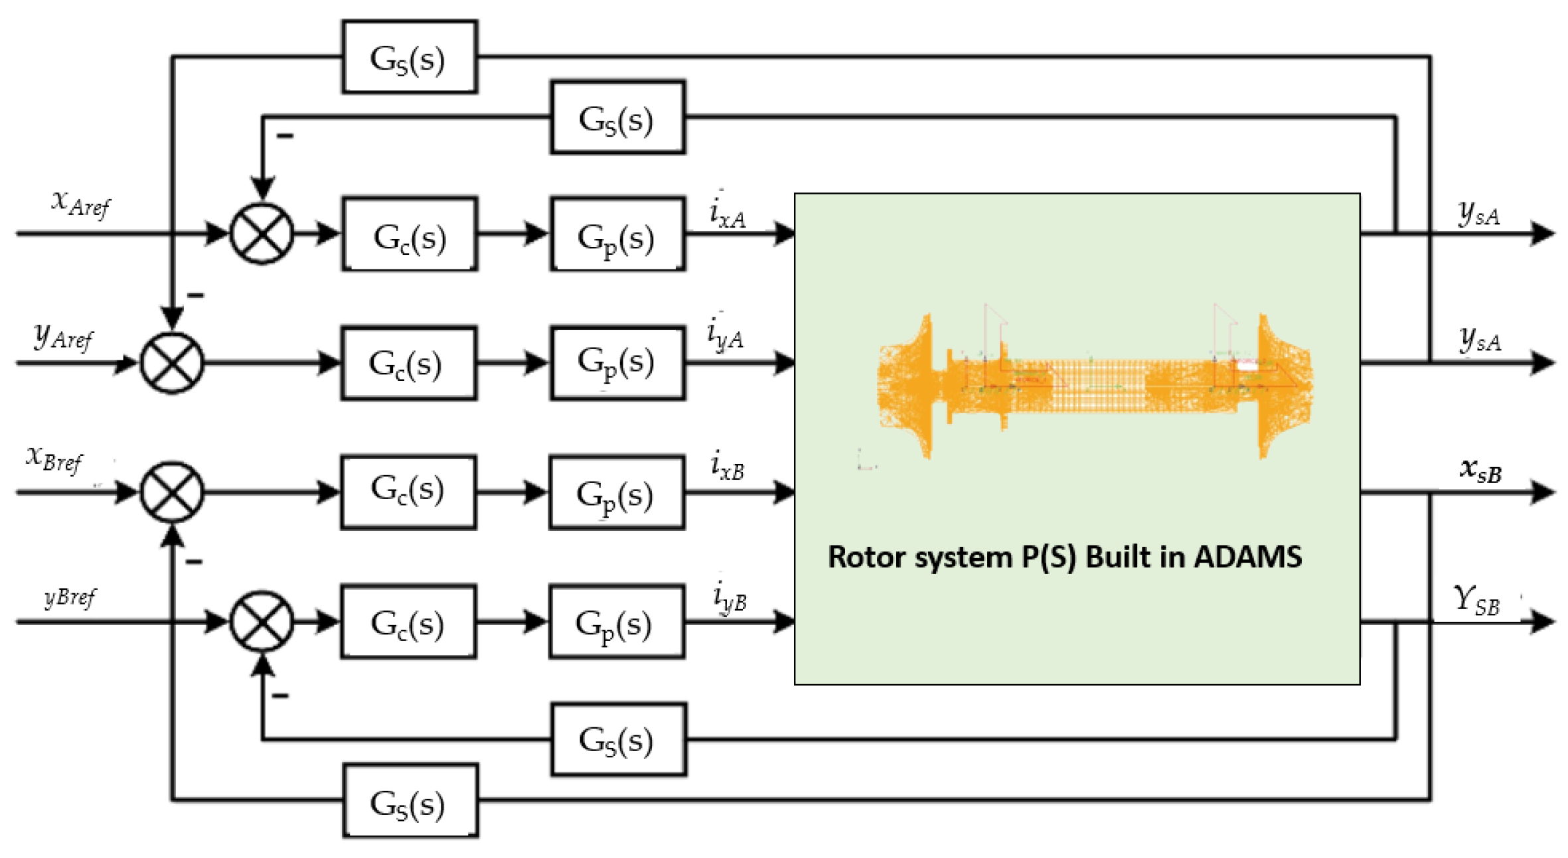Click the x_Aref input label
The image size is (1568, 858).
coord(81,204)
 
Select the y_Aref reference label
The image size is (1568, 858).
coord(64,336)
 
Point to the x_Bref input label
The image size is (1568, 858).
coord(54,460)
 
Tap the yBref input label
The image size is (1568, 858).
coord(70,597)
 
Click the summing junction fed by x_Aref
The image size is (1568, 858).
coord(262,234)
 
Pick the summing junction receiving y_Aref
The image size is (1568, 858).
coord(172,363)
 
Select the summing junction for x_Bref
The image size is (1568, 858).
coord(172,492)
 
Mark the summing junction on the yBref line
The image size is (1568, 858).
coord(262,622)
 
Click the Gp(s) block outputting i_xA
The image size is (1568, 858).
coord(617,234)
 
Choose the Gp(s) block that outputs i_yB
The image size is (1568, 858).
coord(617,622)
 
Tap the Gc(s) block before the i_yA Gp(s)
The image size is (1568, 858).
coord(409,363)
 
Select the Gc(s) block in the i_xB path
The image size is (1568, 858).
coord(408,492)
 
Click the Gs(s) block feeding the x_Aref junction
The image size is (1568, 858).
coord(618,117)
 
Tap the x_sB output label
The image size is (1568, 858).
coord(1480,470)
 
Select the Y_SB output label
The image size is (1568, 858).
coord(1476,601)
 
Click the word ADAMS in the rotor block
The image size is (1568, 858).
coord(1247,557)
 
